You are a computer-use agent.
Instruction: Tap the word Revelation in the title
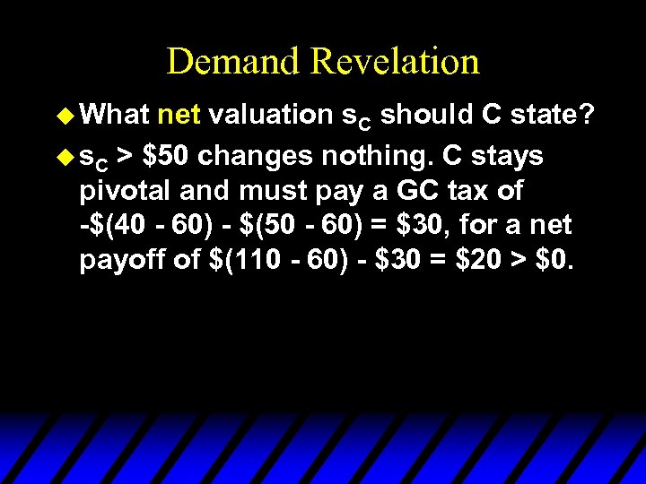pyautogui.click(x=395, y=62)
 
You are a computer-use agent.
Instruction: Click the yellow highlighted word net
pyautogui.click(x=180, y=116)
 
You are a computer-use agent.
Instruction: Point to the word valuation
pyautogui.click(x=273, y=116)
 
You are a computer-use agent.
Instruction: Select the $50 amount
pyautogui.click(x=165, y=156)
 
